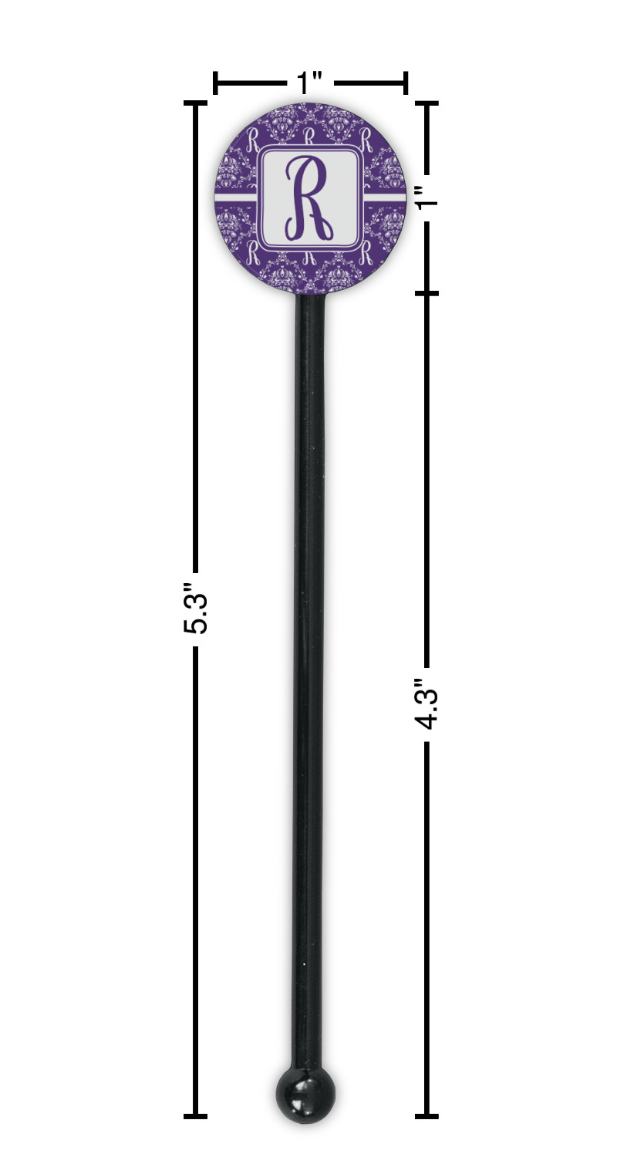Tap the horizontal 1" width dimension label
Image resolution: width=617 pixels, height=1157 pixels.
[309, 83]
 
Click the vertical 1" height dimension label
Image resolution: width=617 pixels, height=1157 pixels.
[428, 197]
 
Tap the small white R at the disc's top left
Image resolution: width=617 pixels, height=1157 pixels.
[253, 139]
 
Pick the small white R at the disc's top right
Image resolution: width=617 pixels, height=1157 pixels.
[365, 139]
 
